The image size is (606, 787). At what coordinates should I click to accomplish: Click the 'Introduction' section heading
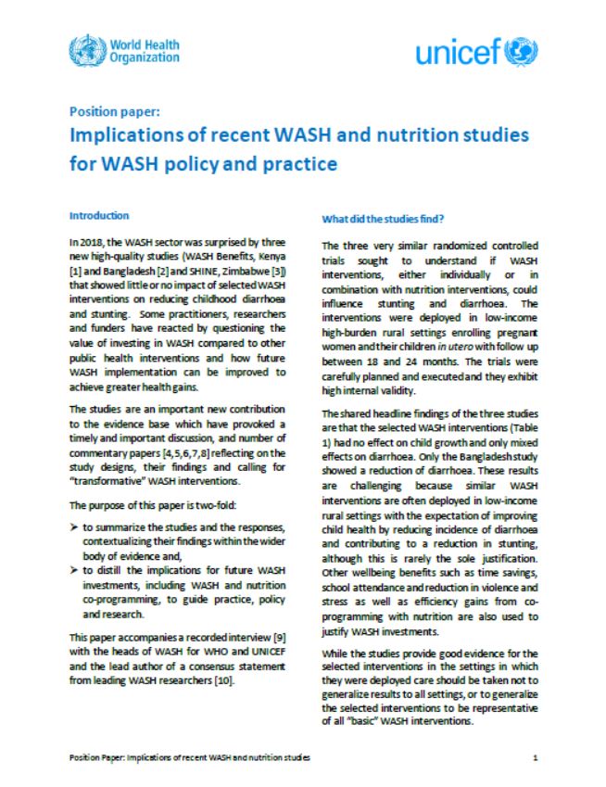tap(99, 215)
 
